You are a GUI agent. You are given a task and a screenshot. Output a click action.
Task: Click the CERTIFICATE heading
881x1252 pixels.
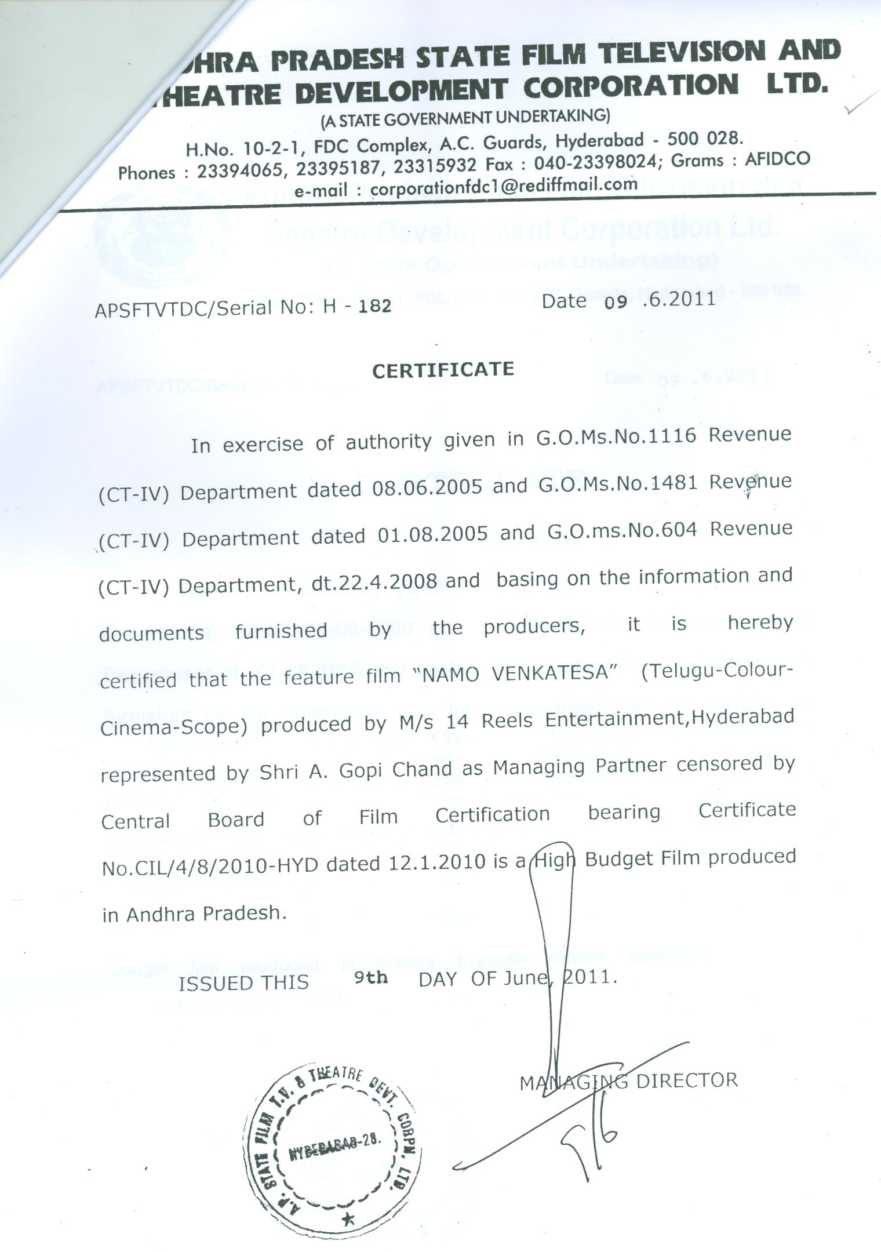[443, 370]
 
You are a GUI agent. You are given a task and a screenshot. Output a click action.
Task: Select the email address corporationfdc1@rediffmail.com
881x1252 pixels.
[504, 185]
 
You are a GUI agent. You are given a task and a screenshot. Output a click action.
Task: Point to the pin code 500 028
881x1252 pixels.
[705, 139]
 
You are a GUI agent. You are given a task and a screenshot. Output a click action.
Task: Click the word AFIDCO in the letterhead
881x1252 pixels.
[777, 159]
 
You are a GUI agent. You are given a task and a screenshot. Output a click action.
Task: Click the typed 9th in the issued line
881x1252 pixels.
[371, 978]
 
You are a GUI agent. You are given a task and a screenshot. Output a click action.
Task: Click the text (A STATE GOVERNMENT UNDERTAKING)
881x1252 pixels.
[465, 118]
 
